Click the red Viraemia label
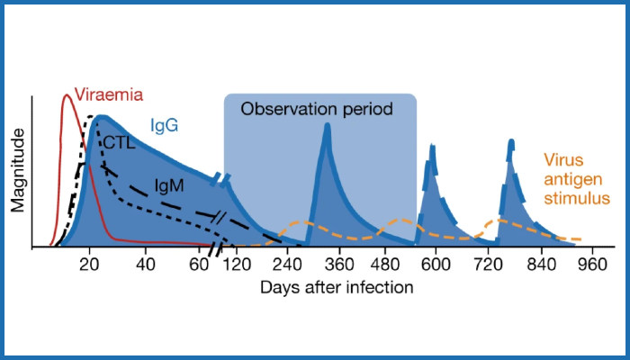109,94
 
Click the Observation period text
317,110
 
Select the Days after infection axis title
337,288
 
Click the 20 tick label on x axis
88,265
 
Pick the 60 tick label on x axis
200,265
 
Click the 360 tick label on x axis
341,265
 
